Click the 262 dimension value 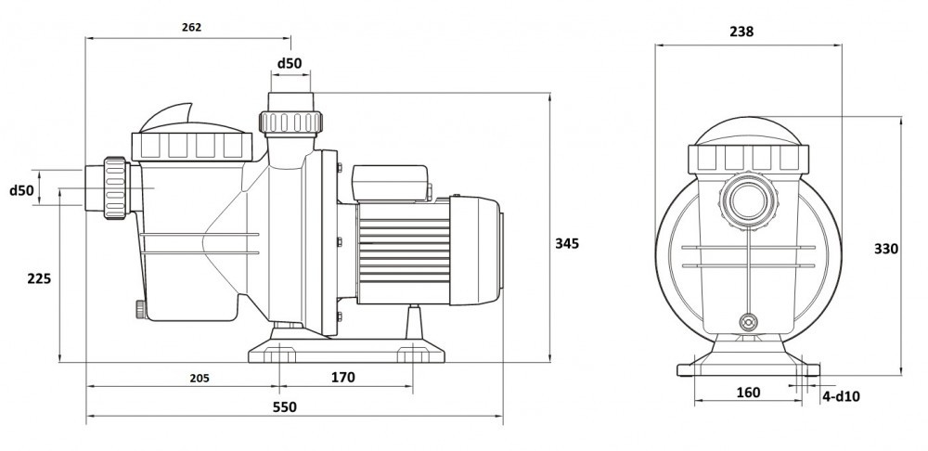192,27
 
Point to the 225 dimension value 38,278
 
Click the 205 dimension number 199,378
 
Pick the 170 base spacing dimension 342,378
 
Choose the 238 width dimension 741,31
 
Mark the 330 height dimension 887,249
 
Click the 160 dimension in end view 747,393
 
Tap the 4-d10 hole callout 842,396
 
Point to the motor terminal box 388,183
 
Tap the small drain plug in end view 747,322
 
